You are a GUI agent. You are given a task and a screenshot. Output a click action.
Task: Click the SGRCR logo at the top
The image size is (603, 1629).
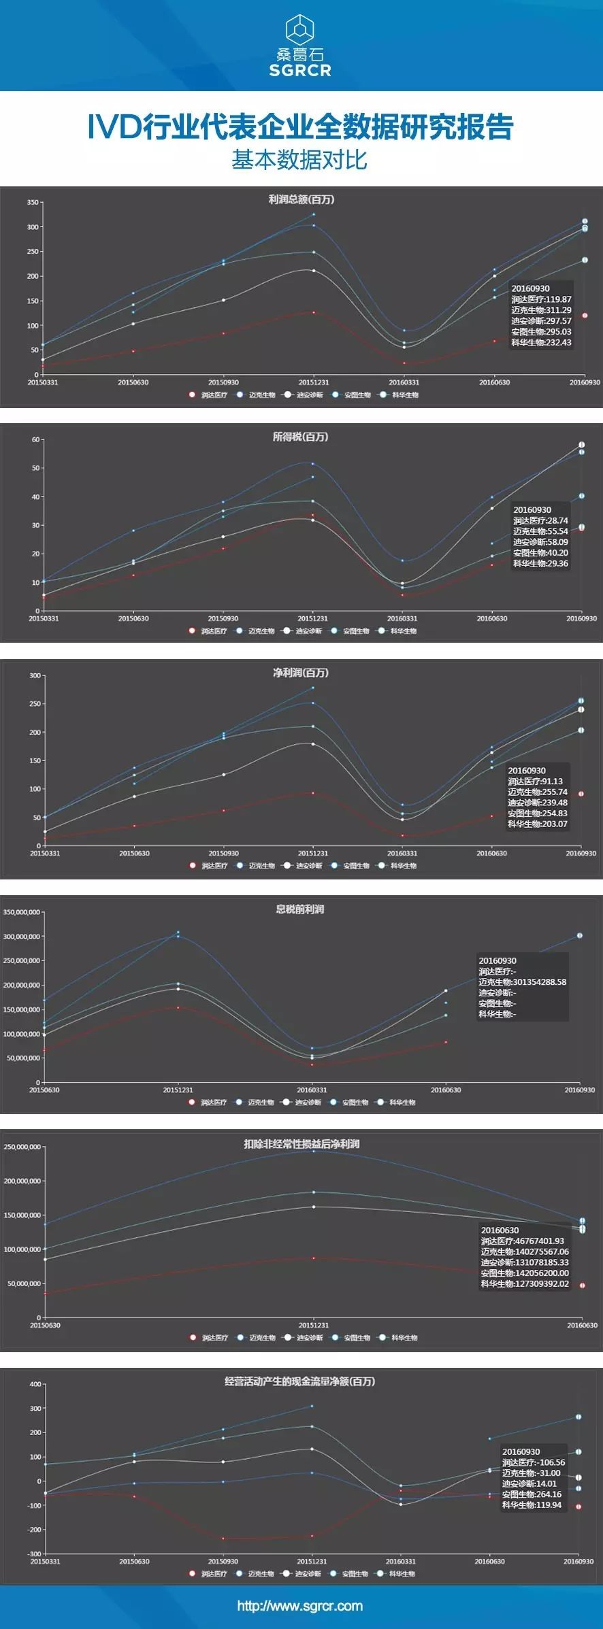coord(300,46)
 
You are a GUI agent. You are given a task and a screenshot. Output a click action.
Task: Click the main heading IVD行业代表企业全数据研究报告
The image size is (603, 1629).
coord(300,127)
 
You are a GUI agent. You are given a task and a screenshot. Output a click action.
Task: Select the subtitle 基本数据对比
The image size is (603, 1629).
coord(299,160)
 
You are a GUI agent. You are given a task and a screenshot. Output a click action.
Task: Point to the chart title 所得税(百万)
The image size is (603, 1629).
coord(300,437)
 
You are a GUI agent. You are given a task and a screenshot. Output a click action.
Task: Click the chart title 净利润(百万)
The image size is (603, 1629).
coord(300,673)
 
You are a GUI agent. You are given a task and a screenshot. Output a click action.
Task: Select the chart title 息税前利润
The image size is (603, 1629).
coord(299,909)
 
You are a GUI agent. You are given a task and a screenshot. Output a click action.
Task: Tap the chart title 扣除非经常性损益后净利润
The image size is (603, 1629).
coord(301,1144)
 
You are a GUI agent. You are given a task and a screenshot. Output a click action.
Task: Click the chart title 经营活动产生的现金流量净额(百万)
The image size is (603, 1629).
coord(300,1381)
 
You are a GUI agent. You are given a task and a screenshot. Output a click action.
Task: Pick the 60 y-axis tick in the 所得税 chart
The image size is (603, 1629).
coord(35,439)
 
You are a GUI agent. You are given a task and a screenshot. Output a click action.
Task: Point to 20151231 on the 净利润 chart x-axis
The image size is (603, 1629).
coord(312,853)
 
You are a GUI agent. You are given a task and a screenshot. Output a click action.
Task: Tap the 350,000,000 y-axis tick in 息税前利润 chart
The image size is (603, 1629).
coord(22,912)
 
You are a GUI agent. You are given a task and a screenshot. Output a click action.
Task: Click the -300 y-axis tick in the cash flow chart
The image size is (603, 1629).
coord(33,1554)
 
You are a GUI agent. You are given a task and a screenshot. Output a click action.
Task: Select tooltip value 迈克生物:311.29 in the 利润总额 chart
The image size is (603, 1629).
coord(541,310)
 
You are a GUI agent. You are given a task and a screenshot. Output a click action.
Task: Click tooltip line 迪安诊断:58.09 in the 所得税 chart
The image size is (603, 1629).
coord(540,542)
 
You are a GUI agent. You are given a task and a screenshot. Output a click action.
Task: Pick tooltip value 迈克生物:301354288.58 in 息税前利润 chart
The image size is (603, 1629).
coord(522,982)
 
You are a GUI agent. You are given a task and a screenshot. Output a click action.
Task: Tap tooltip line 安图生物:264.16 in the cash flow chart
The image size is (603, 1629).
coord(532,1494)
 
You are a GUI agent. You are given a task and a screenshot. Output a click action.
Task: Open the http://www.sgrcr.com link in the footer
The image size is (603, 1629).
coord(300,1606)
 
